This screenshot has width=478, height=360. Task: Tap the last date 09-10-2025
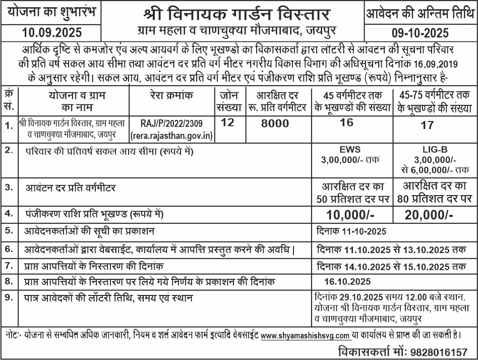coord(420,33)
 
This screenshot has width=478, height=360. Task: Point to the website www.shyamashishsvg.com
coord(306,335)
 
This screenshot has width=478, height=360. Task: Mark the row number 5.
coord(9,231)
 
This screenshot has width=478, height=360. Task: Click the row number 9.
coord(9,297)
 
